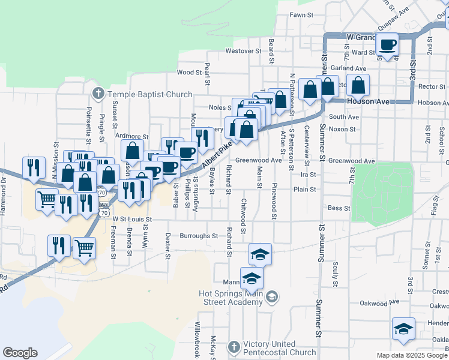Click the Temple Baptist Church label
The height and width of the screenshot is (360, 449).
click(x=149, y=94)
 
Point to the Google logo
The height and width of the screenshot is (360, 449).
click(x=20, y=353)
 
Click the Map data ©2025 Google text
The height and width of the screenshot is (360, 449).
click(x=412, y=355)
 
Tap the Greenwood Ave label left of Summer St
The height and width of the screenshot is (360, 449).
click(x=258, y=160)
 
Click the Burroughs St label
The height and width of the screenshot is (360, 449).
click(x=199, y=236)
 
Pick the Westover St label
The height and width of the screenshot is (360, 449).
click(x=243, y=51)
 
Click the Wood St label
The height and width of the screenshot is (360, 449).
click(x=188, y=72)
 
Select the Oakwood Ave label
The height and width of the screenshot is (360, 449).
click(x=379, y=302)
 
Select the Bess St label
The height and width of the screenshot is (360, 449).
click(x=339, y=208)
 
